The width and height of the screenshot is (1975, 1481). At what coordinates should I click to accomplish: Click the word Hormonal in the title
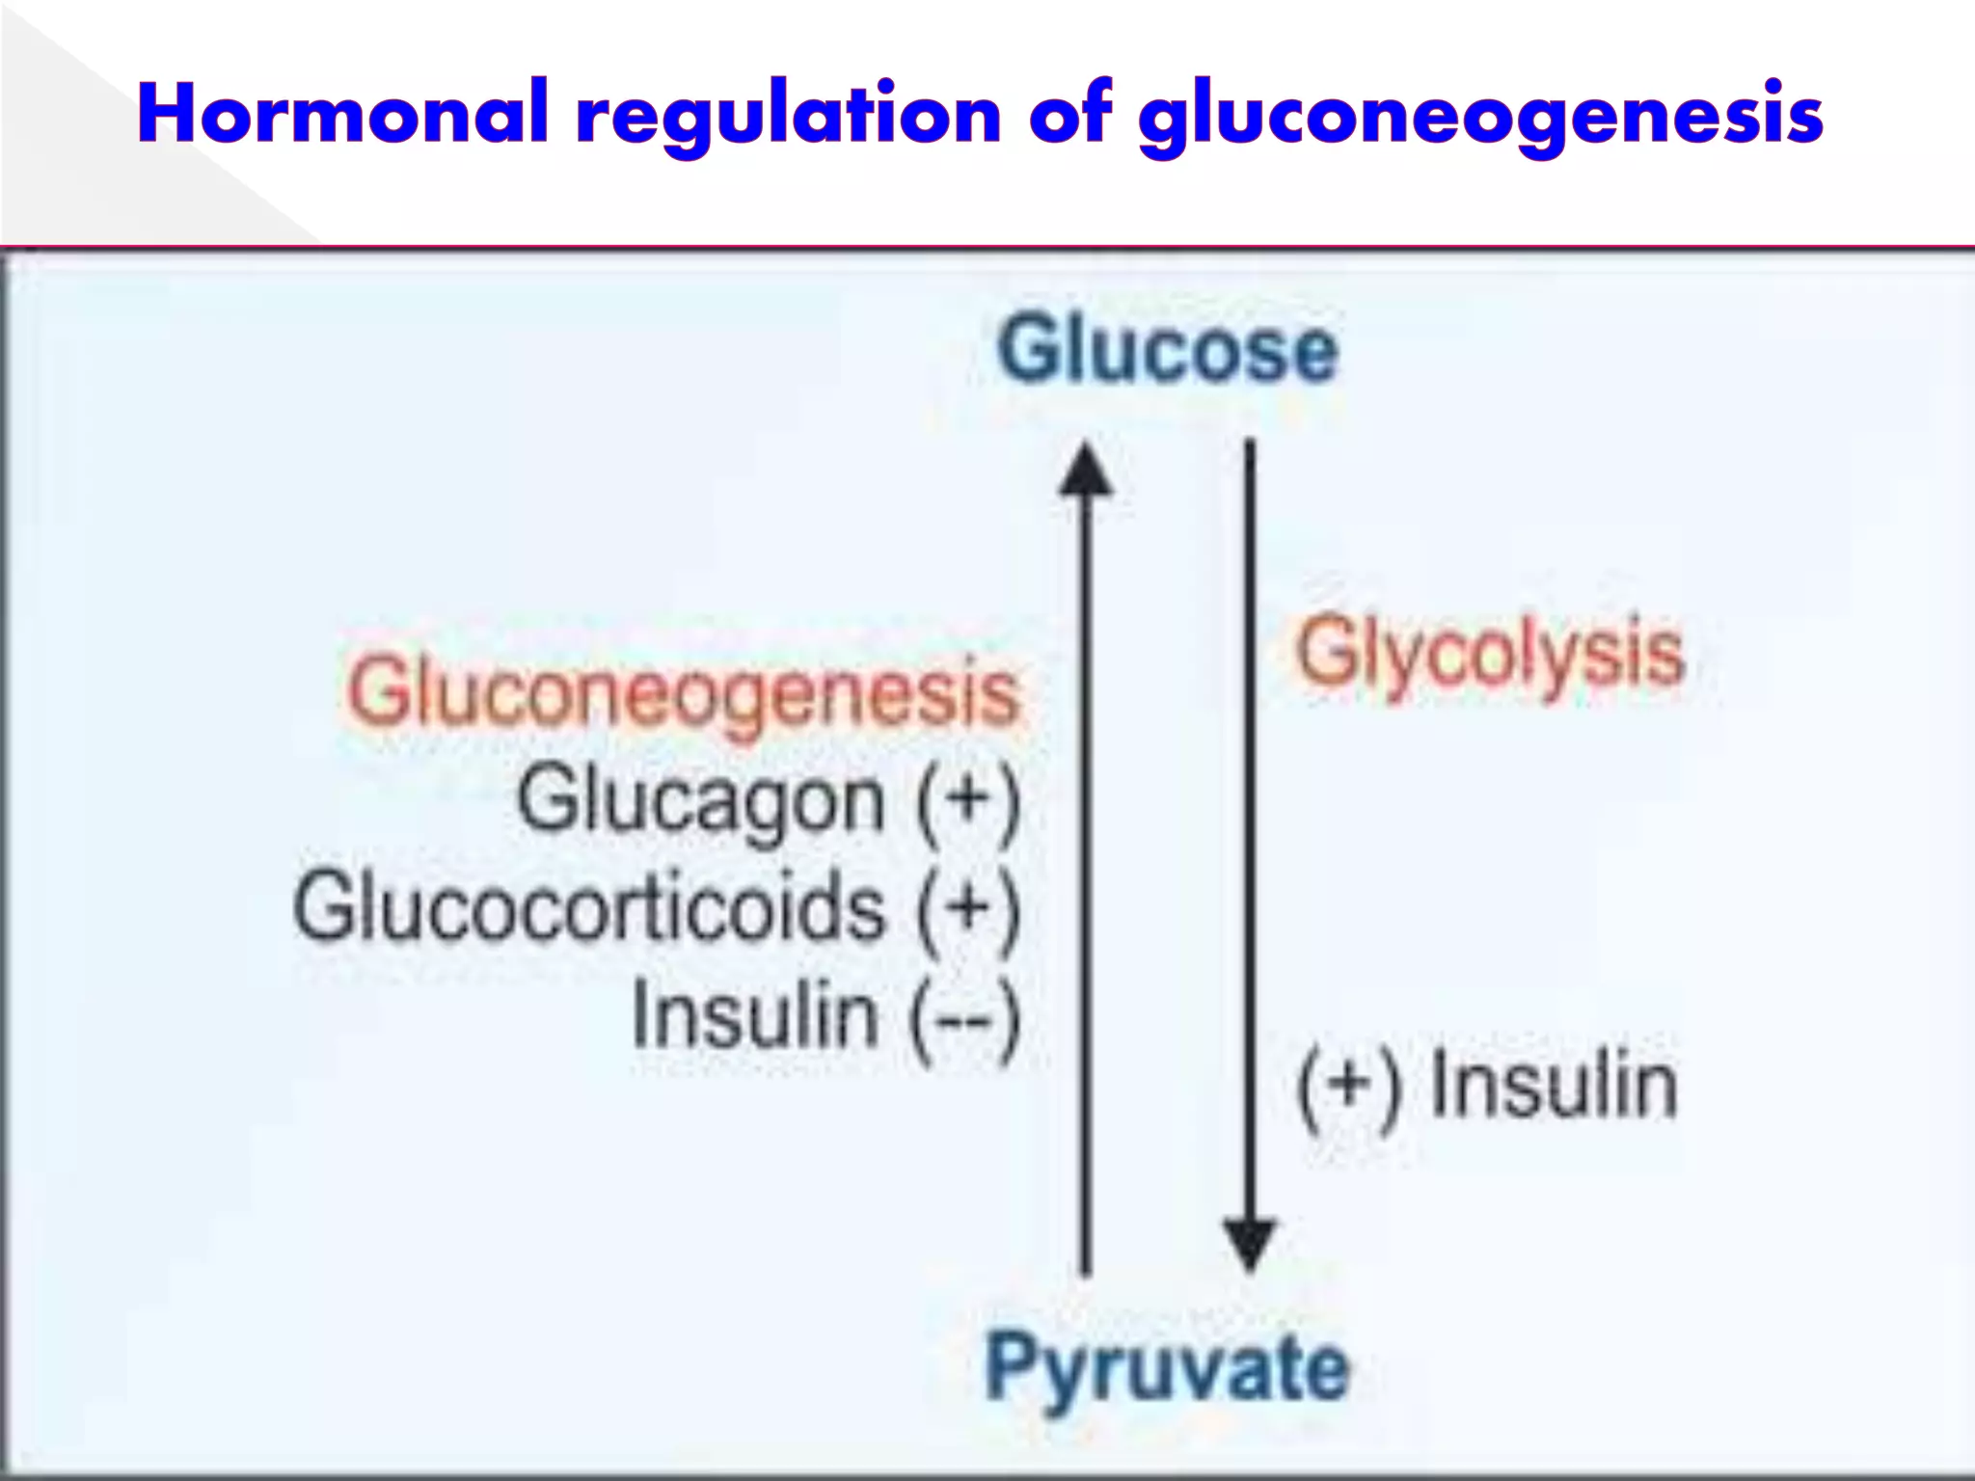pos(343,114)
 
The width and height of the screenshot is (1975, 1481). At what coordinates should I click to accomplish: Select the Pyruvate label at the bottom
pos(1166,1367)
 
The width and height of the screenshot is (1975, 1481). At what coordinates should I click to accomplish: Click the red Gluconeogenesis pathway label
pos(683,693)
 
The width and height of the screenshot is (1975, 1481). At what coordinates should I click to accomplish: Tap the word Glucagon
pos(701,801)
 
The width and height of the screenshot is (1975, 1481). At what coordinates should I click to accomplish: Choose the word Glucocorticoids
pos(589,908)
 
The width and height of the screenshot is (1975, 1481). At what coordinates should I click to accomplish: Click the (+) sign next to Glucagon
pos(966,802)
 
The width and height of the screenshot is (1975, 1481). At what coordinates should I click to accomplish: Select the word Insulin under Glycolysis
pos(1554,1086)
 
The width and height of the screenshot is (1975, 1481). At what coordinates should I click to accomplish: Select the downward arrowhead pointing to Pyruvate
pos(1250,1244)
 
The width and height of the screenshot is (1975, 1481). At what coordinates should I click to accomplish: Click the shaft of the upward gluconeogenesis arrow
pos(1086,868)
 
